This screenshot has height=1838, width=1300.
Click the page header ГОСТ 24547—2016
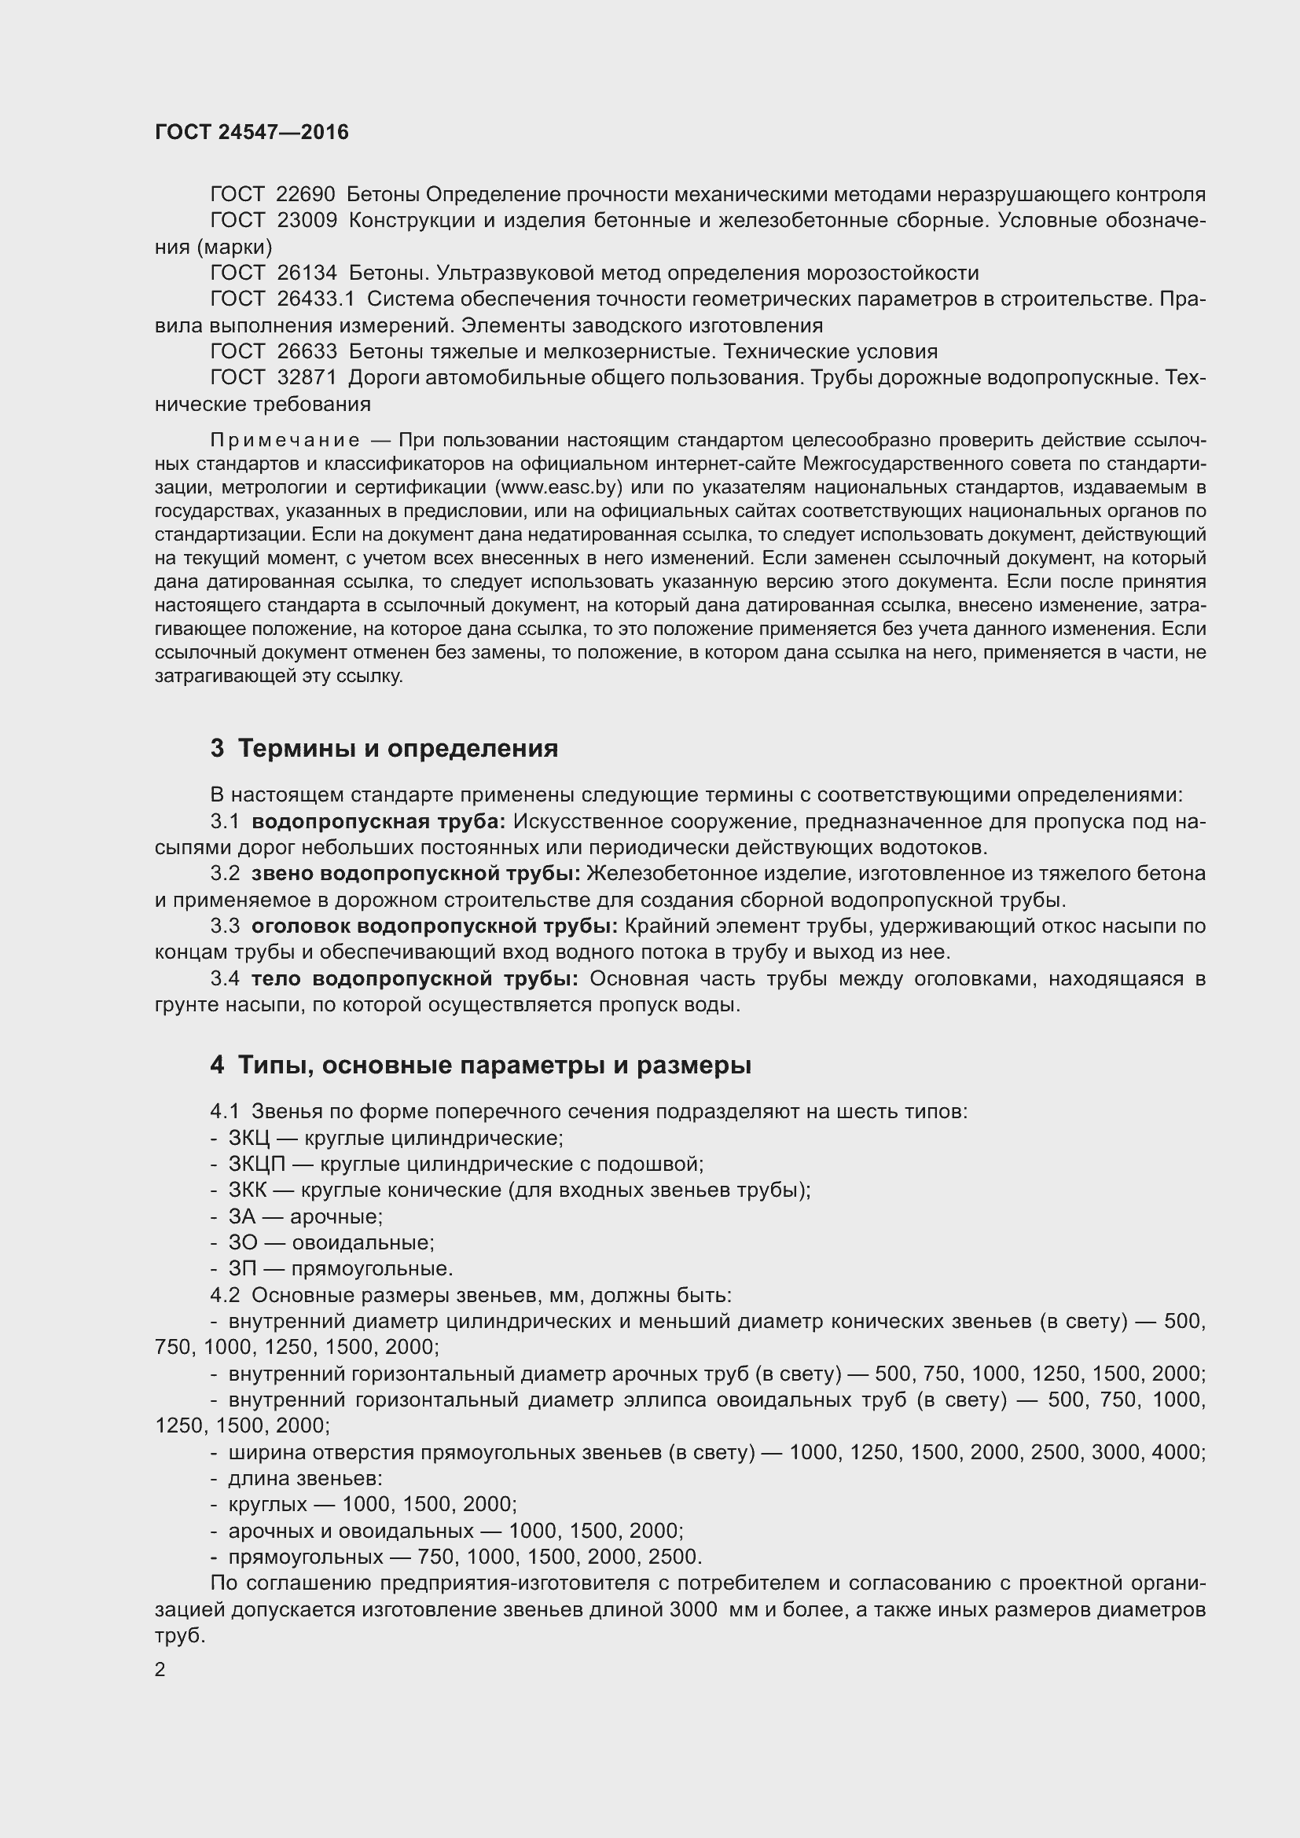[x=252, y=132]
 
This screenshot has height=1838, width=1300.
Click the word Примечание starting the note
[x=285, y=440]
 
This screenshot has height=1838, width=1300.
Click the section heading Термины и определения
[x=398, y=749]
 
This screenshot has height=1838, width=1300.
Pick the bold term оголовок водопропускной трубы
[x=434, y=926]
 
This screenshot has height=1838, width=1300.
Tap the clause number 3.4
[x=225, y=979]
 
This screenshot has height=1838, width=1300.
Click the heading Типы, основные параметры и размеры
[x=494, y=1066]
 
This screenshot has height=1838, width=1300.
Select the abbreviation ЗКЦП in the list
[x=256, y=1164]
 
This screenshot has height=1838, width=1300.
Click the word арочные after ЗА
[x=336, y=1216]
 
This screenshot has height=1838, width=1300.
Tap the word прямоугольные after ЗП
[x=372, y=1269]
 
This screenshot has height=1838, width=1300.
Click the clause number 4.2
[x=225, y=1295]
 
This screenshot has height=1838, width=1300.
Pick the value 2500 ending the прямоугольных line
[x=676, y=1557]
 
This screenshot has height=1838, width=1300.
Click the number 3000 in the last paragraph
[x=692, y=1610]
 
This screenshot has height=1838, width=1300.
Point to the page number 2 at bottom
[x=160, y=1670]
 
